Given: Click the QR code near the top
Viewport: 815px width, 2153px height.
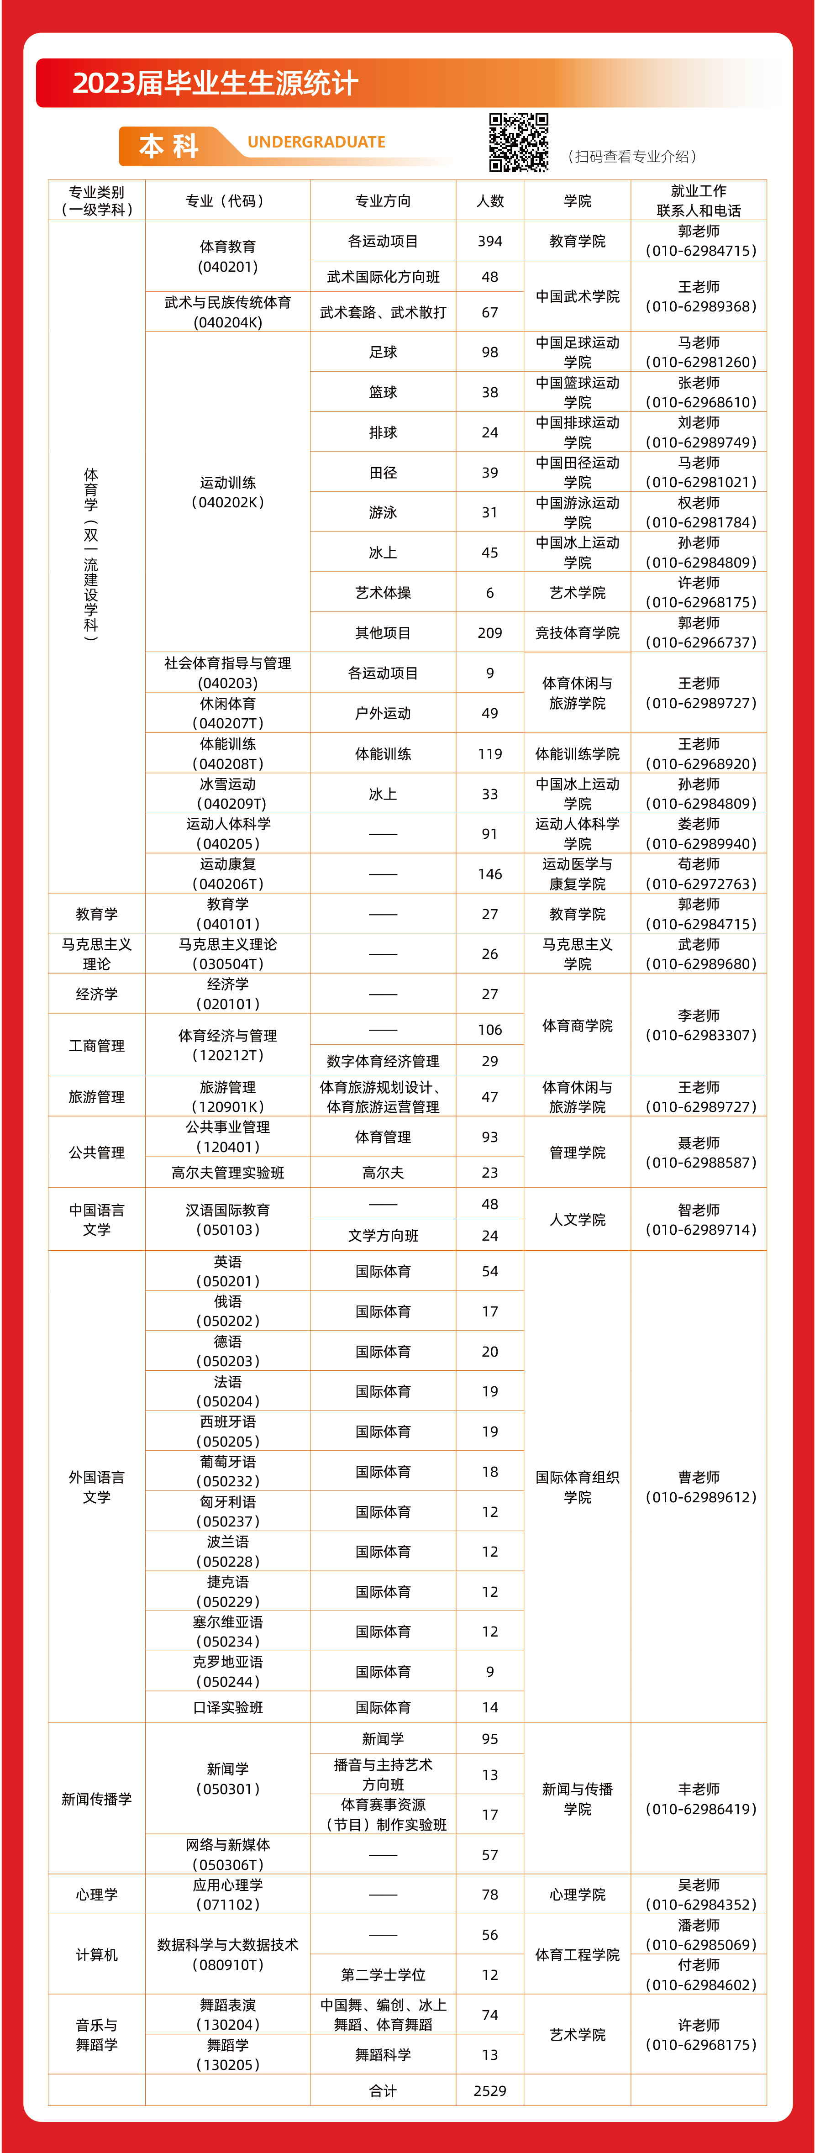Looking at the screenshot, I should tap(518, 142).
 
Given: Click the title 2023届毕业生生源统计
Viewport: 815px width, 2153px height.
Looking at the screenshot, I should tap(215, 83).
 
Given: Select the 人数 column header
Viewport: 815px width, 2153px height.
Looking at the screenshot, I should tap(490, 200).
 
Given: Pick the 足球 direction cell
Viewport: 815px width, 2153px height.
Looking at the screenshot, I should tap(383, 353).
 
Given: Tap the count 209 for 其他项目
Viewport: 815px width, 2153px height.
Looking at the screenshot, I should tap(490, 633).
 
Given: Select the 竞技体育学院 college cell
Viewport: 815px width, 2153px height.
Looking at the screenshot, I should tap(577, 633).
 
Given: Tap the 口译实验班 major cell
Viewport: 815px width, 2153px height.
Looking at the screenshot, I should tap(227, 1707).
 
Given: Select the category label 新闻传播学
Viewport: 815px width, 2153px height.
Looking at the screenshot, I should tap(96, 1799).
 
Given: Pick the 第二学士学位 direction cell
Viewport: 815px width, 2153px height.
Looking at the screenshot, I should tap(383, 1975).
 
